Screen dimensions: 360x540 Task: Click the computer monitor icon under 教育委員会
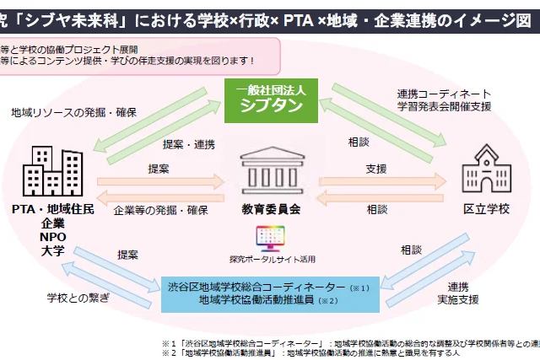pos(270,234)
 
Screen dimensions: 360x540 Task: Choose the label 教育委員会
pos(270,207)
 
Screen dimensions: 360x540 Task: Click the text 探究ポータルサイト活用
pos(270,258)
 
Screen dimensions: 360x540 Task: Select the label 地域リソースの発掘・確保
pos(74,111)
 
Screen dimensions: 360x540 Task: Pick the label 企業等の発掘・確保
pos(159,208)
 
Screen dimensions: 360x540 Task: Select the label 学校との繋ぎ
pos(77,298)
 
